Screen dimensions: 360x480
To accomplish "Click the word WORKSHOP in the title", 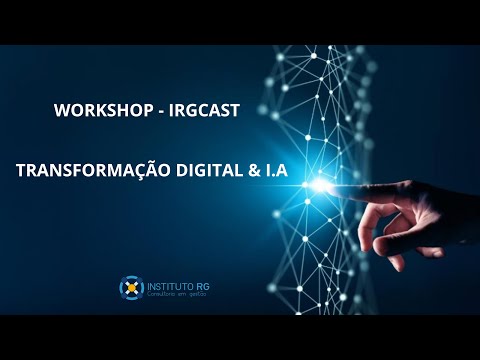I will pos(96,111).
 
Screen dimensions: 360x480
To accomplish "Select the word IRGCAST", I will pos(204,111).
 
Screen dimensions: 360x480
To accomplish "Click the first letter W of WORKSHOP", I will pos(60,111).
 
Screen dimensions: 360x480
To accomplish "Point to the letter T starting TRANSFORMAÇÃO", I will pos(21,172).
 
